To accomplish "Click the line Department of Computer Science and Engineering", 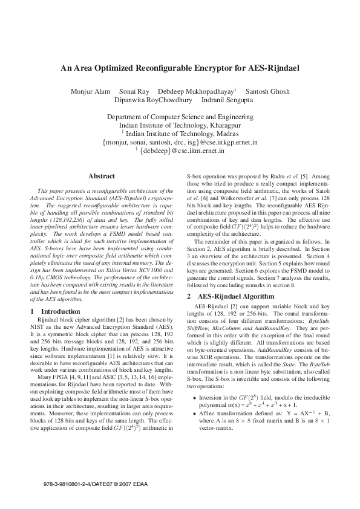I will click(x=180, y=116).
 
